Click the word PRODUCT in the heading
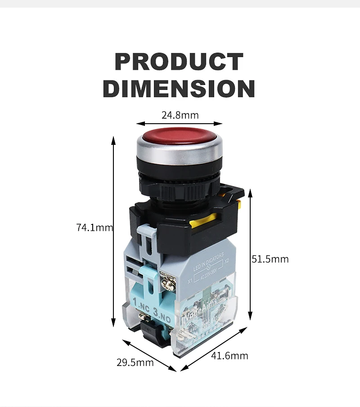coord(179,62)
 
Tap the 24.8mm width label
coord(180,115)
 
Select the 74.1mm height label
coord(94,228)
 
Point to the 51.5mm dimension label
coord(270,259)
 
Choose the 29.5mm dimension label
coord(135,362)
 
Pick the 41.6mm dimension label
coord(229,356)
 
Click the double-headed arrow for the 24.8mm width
coord(180,123)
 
